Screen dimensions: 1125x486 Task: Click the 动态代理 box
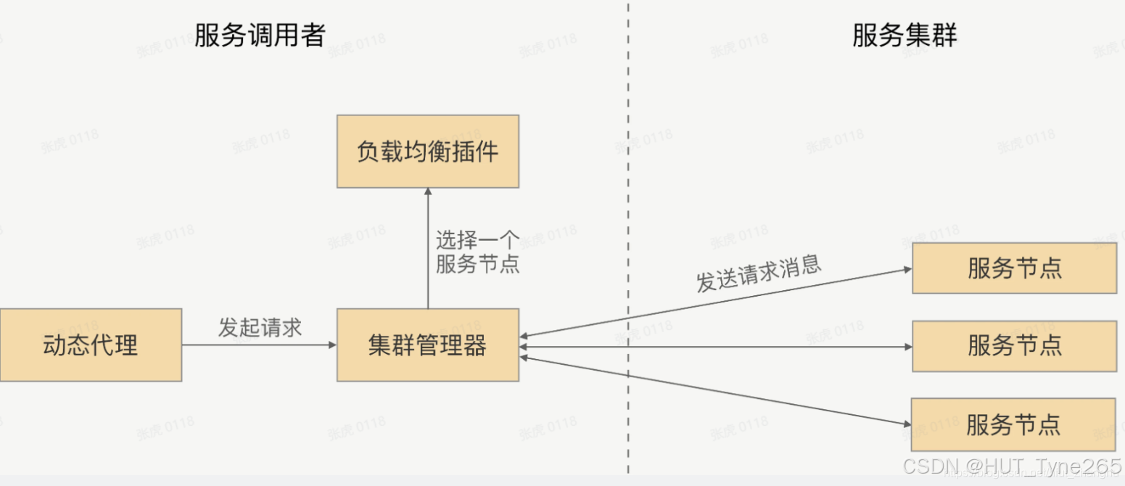click(x=91, y=345)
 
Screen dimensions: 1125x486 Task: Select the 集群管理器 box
click(x=427, y=345)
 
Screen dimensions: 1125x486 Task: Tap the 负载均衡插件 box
click(x=427, y=152)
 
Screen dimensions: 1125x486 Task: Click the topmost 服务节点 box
click(x=1014, y=268)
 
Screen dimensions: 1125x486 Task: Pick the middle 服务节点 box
click(x=1014, y=346)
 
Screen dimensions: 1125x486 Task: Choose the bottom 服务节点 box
click(x=1013, y=424)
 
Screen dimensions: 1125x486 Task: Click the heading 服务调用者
click(x=259, y=35)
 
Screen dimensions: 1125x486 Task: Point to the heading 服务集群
click(x=904, y=35)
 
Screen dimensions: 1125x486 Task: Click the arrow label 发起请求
click(x=260, y=328)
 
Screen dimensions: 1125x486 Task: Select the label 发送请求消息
click(x=759, y=273)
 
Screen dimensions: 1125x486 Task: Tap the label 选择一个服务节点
click(x=477, y=252)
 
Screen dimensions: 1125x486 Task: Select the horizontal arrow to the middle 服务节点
click(x=714, y=347)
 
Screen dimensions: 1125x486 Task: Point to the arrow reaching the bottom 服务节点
click(x=714, y=390)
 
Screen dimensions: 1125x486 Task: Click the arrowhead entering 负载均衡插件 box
click(x=428, y=192)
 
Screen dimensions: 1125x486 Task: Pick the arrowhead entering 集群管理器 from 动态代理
click(x=333, y=345)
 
